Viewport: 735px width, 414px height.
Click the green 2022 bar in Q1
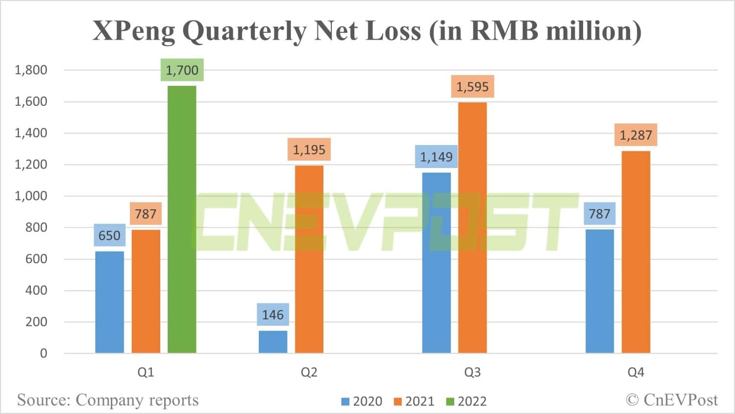pyautogui.click(x=182, y=219)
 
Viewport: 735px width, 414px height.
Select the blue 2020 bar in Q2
pyautogui.click(x=273, y=341)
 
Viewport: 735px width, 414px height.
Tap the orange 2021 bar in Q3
pyautogui.click(x=472, y=227)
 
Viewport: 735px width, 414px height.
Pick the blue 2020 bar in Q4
pyautogui.click(x=599, y=291)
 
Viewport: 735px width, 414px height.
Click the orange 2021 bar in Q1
pyautogui.click(x=146, y=291)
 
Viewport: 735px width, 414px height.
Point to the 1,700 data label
pyautogui.click(x=182, y=70)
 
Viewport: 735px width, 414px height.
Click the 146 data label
pyautogui.click(x=273, y=315)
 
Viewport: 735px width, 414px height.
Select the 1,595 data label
pyautogui.click(x=472, y=87)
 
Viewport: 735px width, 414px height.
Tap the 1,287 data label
pyautogui.click(x=636, y=135)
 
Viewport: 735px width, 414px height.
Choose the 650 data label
pyautogui.click(x=109, y=236)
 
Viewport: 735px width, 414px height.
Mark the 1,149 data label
pyautogui.click(x=436, y=157)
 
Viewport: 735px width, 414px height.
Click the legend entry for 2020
pyautogui.click(x=362, y=401)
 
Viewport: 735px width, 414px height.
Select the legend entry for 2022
pyautogui.click(x=466, y=401)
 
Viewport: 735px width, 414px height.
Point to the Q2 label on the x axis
pyautogui.click(x=309, y=372)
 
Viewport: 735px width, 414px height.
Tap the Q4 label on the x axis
pyautogui.click(x=636, y=372)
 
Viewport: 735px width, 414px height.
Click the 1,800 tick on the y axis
pyautogui.click(x=31, y=70)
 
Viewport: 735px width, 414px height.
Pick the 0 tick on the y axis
pyautogui.click(x=44, y=353)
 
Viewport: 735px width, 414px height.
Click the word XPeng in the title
pyautogui.click(x=134, y=31)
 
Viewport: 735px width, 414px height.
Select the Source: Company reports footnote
pyautogui.click(x=108, y=400)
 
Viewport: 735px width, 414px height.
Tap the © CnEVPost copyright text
pyautogui.click(x=671, y=400)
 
